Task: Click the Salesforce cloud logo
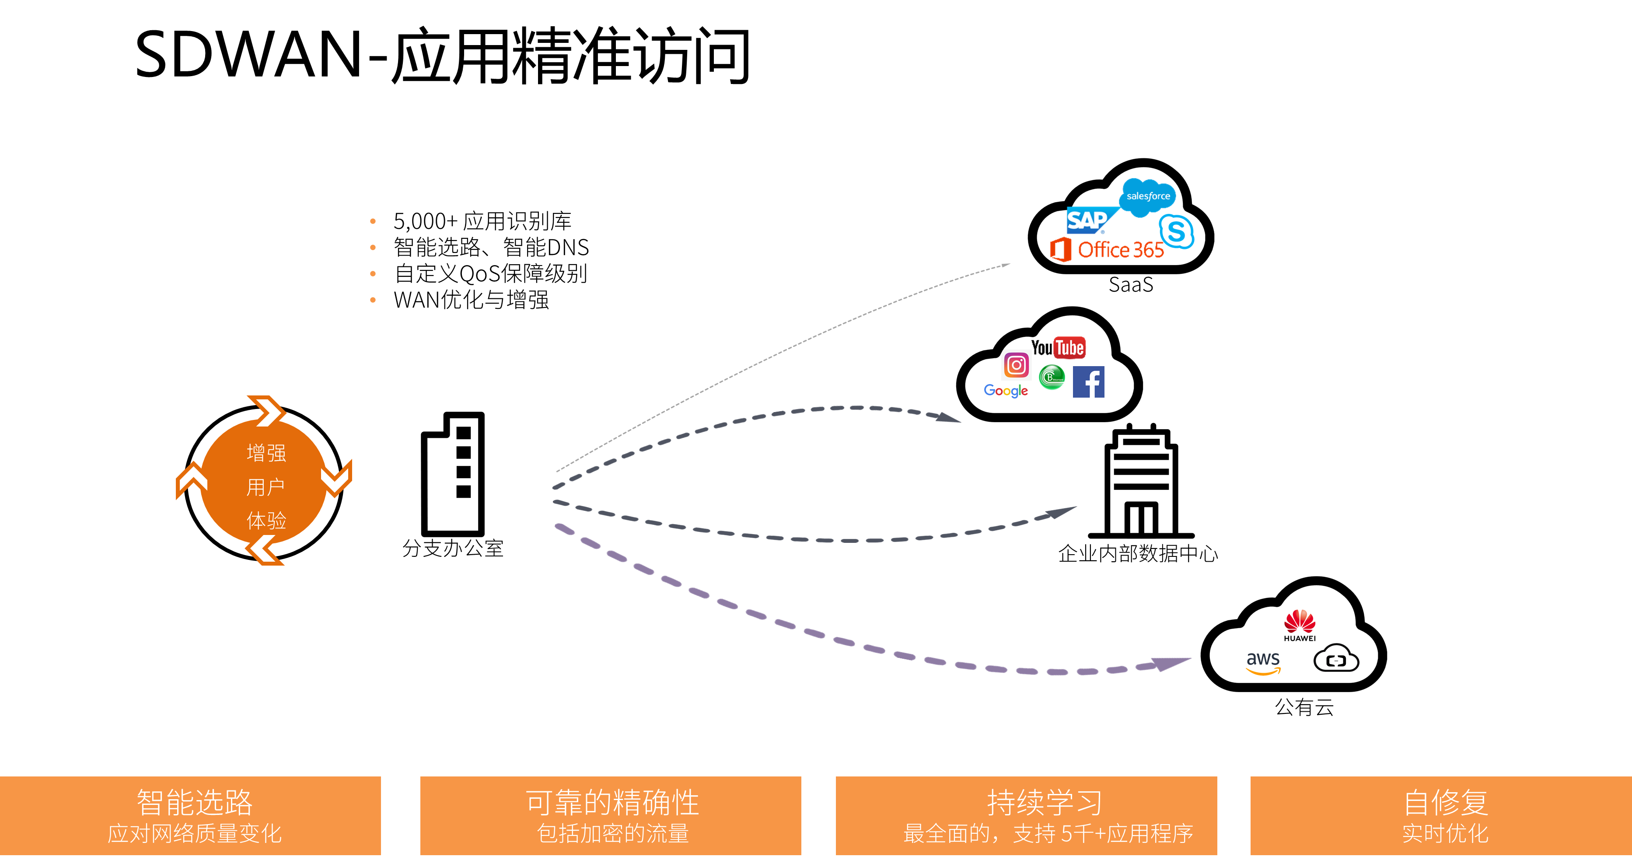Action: pyautogui.click(x=1147, y=196)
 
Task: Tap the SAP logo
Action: pyautogui.click(x=1087, y=220)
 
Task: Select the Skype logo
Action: pyautogui.click(x=1177, y=231)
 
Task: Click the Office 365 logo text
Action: pyautogui.click(x=1120, y=250)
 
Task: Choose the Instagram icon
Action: pyautogui.click(x=1016, y=364)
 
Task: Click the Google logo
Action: pyautogui.click(x=1006, y=391)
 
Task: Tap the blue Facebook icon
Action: pyautogui.click(x=1088, y=382)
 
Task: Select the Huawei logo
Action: pyautogui.click(x=1299, y=626)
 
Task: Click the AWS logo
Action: pyautogui.click(x=1263, y=663)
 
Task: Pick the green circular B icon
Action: pyautogui.click(x=1052, y=378)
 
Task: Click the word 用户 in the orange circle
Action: pyautogui.click(x=266, y=487)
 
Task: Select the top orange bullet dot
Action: pyautogui.click(x=373, y=221)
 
